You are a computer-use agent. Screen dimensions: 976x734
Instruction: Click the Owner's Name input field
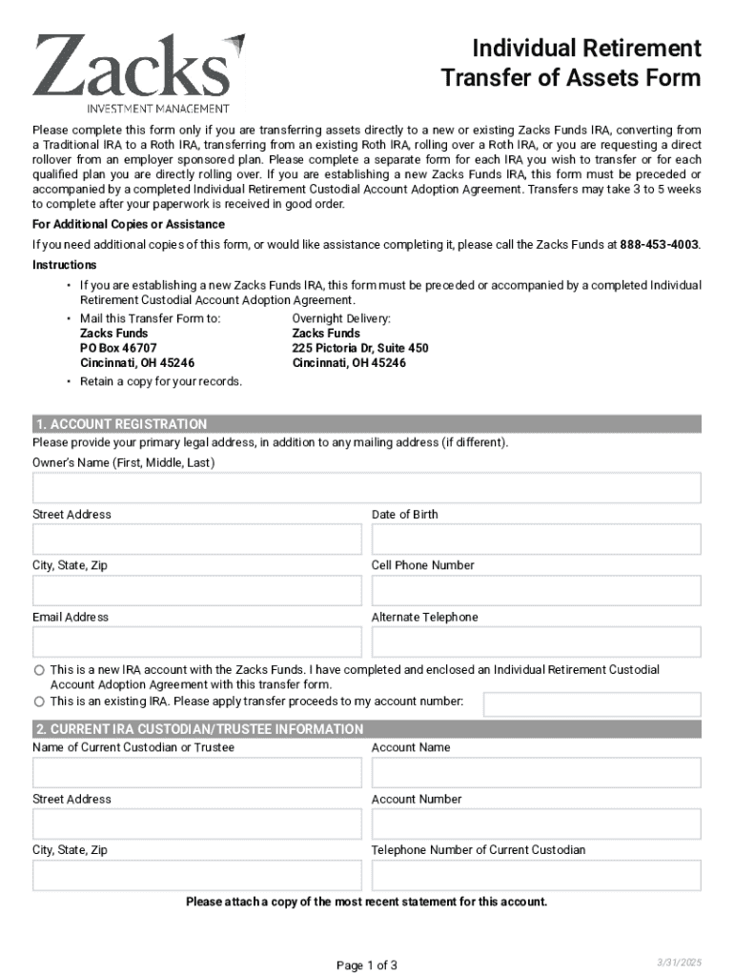tap(366, 488)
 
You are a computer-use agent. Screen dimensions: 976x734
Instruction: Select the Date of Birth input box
tap(536, 539)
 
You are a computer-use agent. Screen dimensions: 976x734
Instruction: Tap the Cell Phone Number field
tap(536, 591)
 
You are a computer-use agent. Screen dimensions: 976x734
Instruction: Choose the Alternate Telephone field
tap(536, 642)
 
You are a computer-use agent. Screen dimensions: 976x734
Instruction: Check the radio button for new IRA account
tap(39, 671)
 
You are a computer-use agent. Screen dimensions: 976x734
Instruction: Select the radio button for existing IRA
tap(39, 701)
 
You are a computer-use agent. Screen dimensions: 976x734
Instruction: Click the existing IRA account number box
tap(591, 704)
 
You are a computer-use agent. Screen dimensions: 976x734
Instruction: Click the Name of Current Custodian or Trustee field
tap(197, 773)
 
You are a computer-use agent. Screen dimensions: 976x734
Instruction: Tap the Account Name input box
tap(536, 773)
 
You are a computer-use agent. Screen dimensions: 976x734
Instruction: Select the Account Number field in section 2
tap(536, 824)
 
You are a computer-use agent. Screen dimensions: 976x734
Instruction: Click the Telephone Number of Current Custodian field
tap(536, 876)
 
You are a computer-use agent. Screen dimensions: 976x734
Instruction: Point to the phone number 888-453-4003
tap(659, 245)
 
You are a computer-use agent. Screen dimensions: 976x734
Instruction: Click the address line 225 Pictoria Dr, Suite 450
tap(360, 348)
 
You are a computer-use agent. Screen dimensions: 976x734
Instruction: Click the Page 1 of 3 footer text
tap(366, 966)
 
